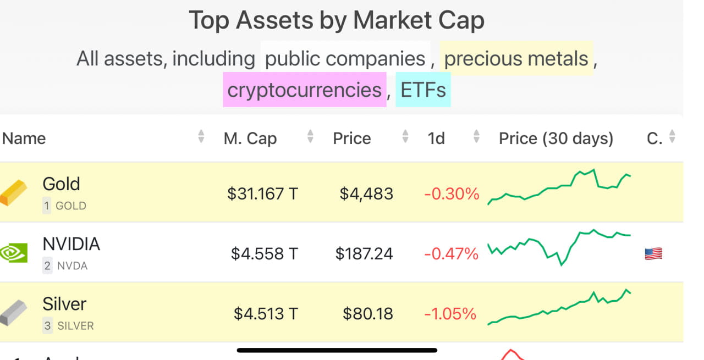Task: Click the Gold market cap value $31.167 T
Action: pyautogui.click(x=262, y=193)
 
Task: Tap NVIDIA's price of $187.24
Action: pyautogui.click(x=364, y=253)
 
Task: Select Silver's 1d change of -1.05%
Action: pyautogui.click(x=450, y=314)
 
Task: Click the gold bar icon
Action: pyautogui.click(x=14, y=192)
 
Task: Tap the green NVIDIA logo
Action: pyautogui.click(x=14, y=253)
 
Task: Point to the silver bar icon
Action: pyautogui.click(x=14, y=313)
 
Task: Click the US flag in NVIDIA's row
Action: pyautogui.click(x=653, y=253)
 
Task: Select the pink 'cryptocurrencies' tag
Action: pyautogui.click(x=304, y=90)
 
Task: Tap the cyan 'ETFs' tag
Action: pyautogui.click(x=423, y=90)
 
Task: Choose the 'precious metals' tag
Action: pyautogui.click(x=516, y=58)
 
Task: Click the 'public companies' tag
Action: pyautogui.click(x=345, y=58)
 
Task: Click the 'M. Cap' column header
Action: pyautogui.click(x=250, y=139)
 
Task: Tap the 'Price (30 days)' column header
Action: pyautogui.click(x=555, y=139)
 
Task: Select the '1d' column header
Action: pyautogui.click(x=436, y=139)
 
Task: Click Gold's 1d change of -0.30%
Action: pyautogui.click(x=451, y=193)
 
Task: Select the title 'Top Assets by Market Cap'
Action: pyautogui.click(x=337, y=21)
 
